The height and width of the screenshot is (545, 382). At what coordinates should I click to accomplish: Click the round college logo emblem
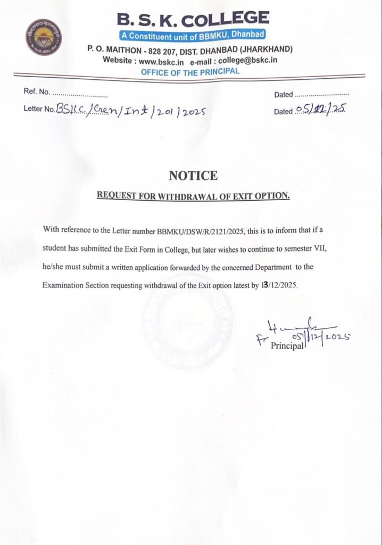click(44, 37)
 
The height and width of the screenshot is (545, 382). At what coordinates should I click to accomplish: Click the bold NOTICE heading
click(193, 176)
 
